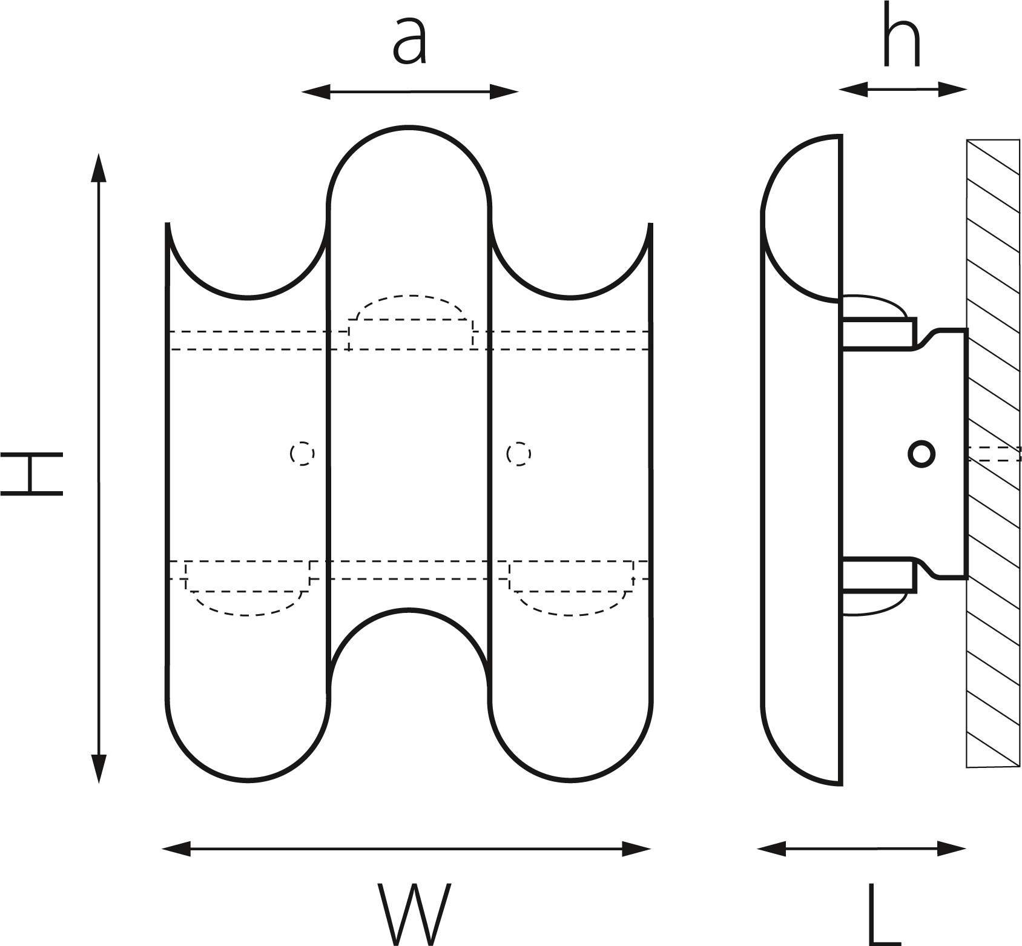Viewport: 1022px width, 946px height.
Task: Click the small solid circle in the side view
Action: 921,453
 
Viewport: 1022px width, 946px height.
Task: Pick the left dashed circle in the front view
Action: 302,453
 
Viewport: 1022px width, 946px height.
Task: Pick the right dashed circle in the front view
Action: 519,453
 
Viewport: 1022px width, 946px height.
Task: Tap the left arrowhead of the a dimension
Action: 315,92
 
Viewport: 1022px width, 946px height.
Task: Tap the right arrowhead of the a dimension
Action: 505,92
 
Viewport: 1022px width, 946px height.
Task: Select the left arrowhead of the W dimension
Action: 177,848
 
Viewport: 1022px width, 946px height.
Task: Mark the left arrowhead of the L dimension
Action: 771,848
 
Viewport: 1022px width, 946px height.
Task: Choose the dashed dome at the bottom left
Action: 247,597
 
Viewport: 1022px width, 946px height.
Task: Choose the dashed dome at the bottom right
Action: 571,597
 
